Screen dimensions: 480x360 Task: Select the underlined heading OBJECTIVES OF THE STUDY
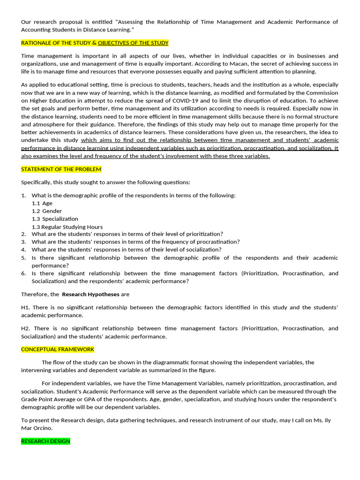point(133,43)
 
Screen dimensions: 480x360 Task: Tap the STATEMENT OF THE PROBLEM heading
point(61,169)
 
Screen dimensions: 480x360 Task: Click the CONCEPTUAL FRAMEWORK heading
point(58,350)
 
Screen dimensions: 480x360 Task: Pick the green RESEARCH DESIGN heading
point(45,442)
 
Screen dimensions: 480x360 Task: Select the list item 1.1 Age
point(42,203)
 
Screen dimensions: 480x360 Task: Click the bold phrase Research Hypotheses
point(90,294)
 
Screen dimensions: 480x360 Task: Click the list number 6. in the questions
point(23,273)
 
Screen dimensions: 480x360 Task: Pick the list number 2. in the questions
point(23,234)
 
